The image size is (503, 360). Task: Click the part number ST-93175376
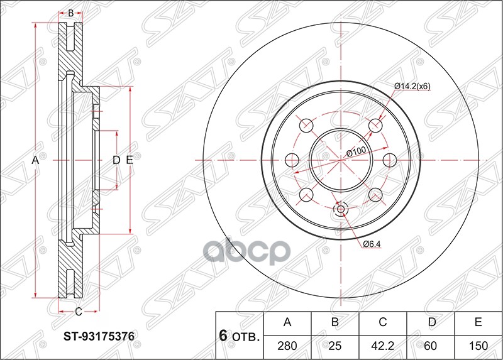click(x=97, y=336)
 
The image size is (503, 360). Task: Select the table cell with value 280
click(x=287, y=346)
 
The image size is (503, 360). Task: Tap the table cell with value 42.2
click(x=382, y=346)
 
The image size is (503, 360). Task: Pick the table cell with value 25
click(x=335, y=346)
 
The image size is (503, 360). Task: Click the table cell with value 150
click(x=478, y=346)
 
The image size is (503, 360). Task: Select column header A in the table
click(x=287, y=323)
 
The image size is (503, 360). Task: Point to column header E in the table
click(x=478, y=323)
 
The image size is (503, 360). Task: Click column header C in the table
click(x=382, y=323)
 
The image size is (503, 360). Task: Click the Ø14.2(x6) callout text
click(x=412, y=87)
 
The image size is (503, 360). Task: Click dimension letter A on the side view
click(x=36, y=161)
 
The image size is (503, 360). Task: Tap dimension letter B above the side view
click(x=71, y=13)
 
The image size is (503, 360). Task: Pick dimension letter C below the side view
click(x=79, y=311)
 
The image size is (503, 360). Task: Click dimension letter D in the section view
click(x=116, y=161)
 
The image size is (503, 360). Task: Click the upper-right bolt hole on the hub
click(x=376, y=126)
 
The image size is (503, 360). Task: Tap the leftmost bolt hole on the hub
click(x=292, y=160)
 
